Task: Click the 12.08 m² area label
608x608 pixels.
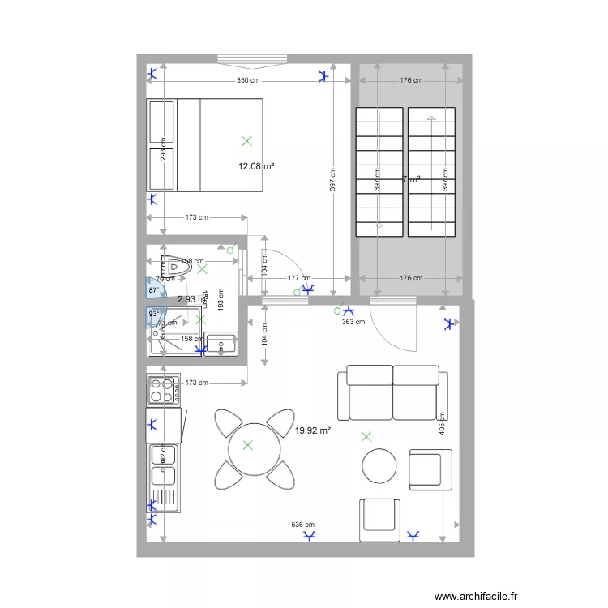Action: click(x=255, y=167)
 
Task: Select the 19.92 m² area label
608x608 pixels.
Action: click(x=313, y=431)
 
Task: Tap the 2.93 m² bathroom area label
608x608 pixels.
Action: click(x=191, y=299)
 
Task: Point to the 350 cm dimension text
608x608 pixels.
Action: click(x=248, y=80)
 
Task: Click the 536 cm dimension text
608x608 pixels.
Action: click(x=303, y=525)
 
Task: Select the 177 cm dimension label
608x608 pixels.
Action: click(x=299, y=278)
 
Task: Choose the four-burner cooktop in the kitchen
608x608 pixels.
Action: click(x=163, y=391)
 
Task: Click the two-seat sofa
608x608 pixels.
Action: click(x=393, y=392)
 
